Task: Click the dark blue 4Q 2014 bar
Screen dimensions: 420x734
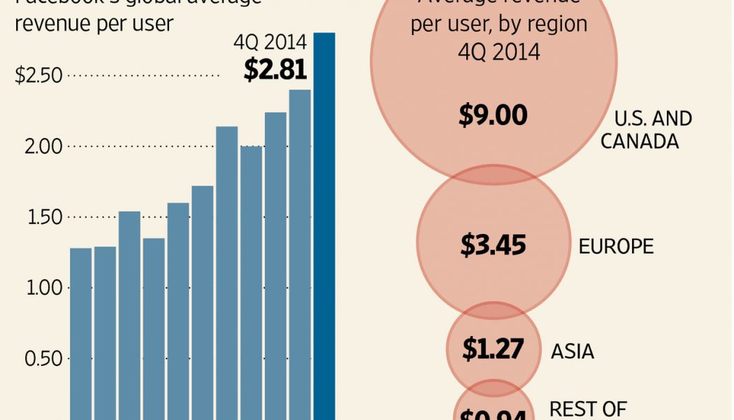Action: click(x=324, y=224)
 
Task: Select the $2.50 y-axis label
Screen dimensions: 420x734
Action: click(x=38, y=76)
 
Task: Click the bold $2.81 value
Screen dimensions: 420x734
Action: click(x=275, y=69)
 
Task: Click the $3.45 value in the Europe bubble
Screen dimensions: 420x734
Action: click(x=493, y=245)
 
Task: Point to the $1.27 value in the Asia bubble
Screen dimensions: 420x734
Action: click(x=493, y=349)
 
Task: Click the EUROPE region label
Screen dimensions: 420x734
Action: click(x=616, y=246)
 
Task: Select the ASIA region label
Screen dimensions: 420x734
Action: click(x=573, y=351)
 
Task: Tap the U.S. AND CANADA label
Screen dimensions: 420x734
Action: click(x=645, y=129)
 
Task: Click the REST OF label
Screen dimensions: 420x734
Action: click(x=588, y=408)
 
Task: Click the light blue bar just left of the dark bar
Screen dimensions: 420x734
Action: click(x=300, y=252)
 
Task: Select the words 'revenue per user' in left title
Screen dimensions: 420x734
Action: click(x=94, y=23)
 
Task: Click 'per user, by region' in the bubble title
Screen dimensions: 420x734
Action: click(x=498, y=26)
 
